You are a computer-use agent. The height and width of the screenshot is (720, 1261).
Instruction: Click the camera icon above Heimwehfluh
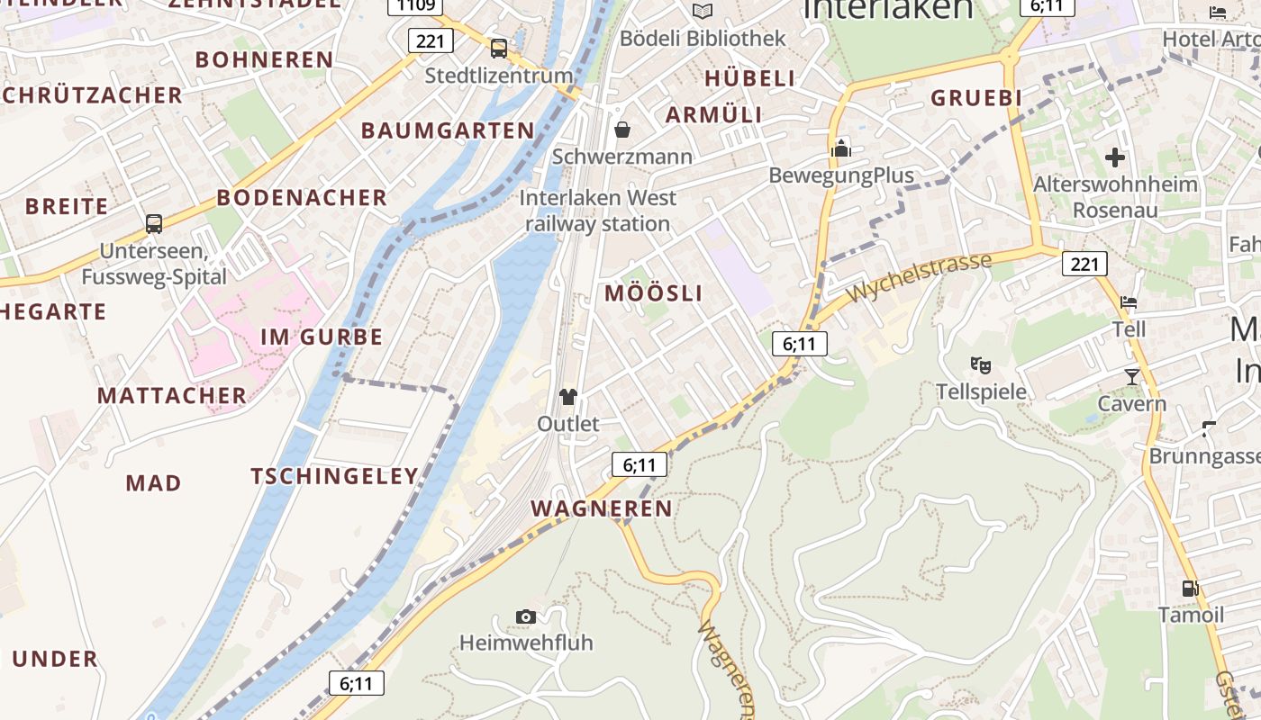click(526, 616)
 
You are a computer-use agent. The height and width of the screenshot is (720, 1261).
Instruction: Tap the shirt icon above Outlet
click(567, 396)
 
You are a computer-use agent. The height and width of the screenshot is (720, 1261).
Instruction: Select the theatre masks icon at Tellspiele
click(981, 364)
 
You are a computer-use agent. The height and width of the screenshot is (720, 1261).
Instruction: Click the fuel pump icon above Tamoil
click(1190, 589)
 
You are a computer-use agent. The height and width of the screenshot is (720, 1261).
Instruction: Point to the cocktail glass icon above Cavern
click(1132, 376)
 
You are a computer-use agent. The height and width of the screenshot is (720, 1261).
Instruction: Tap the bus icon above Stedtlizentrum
click(498, 49)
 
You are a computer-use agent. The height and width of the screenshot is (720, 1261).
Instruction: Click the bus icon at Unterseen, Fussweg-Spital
click(154, 223)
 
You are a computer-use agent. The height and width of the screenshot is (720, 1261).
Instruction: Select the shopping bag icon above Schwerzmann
click(621, 130)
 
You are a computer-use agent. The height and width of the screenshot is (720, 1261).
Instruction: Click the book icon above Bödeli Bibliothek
click(702, 11)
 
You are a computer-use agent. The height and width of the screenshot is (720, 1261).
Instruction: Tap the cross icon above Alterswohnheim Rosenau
click(1115, 157)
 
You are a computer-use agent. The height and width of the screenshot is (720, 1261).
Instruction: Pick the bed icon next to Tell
click(1129, 301)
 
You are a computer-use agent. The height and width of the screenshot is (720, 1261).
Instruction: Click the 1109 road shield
click(415, 5)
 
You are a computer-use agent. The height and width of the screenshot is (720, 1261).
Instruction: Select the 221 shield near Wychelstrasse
click(1084, 264)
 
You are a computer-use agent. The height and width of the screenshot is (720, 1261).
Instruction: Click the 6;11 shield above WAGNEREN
click(640, 464)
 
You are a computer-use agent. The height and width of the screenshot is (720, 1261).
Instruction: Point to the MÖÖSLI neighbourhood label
click(653, 293)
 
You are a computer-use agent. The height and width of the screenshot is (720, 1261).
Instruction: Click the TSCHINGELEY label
click(334, 476)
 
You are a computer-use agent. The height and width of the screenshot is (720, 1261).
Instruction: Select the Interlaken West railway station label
click(597, 211)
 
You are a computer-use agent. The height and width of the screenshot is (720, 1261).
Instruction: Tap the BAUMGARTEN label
click(448, 130)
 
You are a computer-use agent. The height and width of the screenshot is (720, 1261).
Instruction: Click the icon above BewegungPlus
click(841, 148)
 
